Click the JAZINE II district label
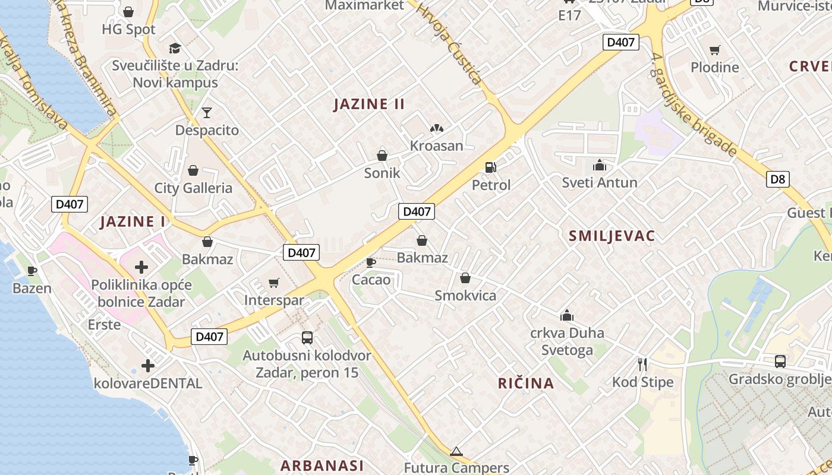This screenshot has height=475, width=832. pos(369,104)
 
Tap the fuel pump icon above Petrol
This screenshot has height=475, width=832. pos(490,167)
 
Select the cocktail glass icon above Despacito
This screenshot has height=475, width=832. pos(206,112)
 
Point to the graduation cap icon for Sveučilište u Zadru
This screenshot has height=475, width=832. pos(175,48)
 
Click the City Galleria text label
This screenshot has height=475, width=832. pos(193,188)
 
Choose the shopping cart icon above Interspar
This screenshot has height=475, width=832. pos(273,283)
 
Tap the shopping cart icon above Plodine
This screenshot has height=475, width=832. pos(714,50)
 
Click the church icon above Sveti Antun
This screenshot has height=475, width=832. pos(600,164)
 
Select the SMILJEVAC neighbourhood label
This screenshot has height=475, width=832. pos(612,236)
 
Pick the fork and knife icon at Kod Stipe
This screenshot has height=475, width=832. pos(642,364)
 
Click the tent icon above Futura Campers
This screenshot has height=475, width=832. pos(456,452)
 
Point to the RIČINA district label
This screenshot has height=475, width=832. pos(526,384)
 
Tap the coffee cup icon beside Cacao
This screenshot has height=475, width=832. pos(371,262)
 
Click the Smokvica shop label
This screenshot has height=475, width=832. pos(465,296)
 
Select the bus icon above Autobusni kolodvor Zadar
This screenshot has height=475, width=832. pos(307,338)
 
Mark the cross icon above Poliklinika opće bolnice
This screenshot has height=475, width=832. pos(141,267)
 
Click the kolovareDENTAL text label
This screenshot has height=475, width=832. pos(148,384)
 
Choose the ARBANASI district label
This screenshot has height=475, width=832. pos(322,465)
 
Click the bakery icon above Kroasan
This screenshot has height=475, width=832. pos(437,128)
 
